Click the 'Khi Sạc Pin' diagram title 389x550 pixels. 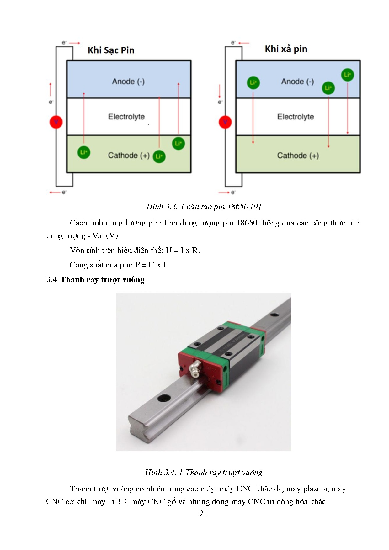(111, 50)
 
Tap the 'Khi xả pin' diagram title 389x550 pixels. (286, 49)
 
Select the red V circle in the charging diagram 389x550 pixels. (56, 122)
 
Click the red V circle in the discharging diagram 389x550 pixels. (225, 122)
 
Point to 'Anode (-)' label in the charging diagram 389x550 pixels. (128, 82)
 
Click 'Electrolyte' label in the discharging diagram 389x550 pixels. (296, 117)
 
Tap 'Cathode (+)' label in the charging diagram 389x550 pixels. (129, 156)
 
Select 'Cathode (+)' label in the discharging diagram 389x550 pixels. (298, 156)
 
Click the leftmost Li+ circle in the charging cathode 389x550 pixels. (84, 152)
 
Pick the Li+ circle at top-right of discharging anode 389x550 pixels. (347, 75)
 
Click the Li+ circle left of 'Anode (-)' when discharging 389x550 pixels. (253, 82)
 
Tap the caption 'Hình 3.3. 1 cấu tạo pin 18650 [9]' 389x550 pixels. (204, 206)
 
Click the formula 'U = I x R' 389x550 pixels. (183, 251)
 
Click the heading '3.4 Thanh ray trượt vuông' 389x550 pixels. (95, 280)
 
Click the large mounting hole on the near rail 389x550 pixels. (164, 398)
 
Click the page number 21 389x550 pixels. (203, 513)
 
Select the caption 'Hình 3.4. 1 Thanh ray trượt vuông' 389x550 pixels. (204, 473)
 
